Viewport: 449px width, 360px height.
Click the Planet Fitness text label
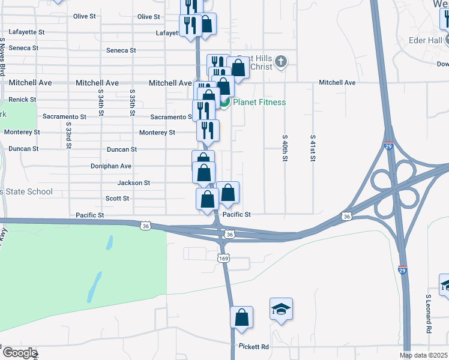point(259,102)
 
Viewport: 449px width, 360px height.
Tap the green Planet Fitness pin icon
point(224,103)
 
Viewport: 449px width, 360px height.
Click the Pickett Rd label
point(253,347)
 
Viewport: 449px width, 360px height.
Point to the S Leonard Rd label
point(429,314)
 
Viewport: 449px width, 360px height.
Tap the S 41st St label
point(313,145)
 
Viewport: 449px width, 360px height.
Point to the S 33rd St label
point(69,136)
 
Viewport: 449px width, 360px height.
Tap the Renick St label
point(22,99)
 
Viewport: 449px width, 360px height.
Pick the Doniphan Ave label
point(110,166)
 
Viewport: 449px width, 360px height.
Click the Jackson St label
point(133,182)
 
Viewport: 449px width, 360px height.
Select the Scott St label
point(117,198)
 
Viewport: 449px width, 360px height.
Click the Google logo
point(19,353)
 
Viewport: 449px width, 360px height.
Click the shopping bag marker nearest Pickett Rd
point(241,318)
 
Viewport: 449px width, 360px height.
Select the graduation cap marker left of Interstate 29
point(281,309)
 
